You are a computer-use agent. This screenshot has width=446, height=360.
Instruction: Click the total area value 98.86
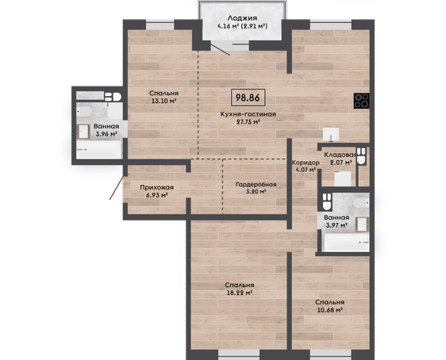click(248, 98)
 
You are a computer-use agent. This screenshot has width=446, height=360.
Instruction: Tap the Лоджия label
click(242, 18)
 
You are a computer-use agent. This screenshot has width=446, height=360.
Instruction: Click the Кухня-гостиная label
click(248, 114)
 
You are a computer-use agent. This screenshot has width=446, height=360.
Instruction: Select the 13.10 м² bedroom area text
click(163, 101)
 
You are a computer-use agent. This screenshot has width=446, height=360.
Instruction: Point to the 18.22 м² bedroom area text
click(240, 293)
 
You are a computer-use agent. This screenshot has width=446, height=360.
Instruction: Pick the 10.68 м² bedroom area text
click(329, 310)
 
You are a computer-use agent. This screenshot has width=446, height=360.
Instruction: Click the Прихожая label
click(156, 187)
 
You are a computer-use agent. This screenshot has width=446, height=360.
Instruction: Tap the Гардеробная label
click(256, 185)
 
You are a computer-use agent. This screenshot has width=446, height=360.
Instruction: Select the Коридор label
click(306, 163)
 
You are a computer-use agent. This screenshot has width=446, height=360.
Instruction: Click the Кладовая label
click(340, 155)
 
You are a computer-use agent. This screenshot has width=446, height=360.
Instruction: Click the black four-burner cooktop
click(362, 101)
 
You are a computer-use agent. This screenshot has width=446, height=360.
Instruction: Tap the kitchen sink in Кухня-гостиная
click(331, 134)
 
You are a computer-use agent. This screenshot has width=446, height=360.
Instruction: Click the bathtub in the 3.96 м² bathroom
click(98, 149)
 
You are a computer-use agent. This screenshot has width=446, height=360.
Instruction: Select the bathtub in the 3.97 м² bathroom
click(347, 242)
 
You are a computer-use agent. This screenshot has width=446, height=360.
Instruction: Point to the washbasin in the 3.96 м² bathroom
click(83, 132)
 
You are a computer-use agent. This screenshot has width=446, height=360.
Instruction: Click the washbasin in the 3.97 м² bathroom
click(363, 224)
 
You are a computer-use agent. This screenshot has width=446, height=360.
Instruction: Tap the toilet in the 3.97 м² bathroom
click(327, 201)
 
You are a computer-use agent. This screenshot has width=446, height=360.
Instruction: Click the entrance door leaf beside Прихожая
click(117, 187)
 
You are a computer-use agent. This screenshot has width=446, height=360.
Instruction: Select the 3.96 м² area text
click(106, 134)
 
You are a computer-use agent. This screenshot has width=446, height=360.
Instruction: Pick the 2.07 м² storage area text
click(340, 163)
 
